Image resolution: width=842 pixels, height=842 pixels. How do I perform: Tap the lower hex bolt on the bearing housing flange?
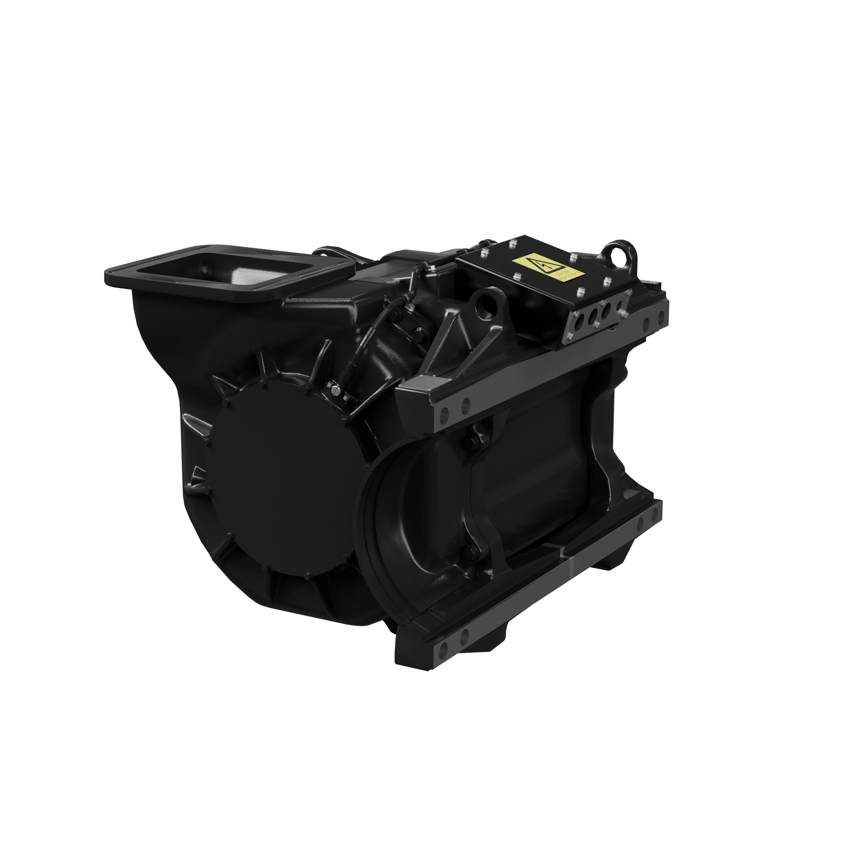pyautogui.click(x=469, y=550)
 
